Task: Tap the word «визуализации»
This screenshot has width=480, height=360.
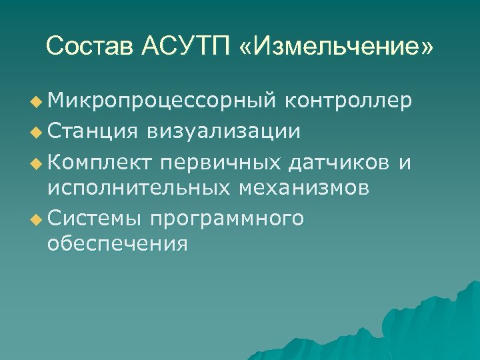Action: (219, 130)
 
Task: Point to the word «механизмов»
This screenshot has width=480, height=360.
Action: (304, 188)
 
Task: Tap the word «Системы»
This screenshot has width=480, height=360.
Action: (95, 217)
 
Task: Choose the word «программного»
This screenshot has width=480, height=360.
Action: (227, 217)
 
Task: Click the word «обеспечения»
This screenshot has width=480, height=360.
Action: (117, 245)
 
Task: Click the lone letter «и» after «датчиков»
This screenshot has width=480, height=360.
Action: (404, 160)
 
